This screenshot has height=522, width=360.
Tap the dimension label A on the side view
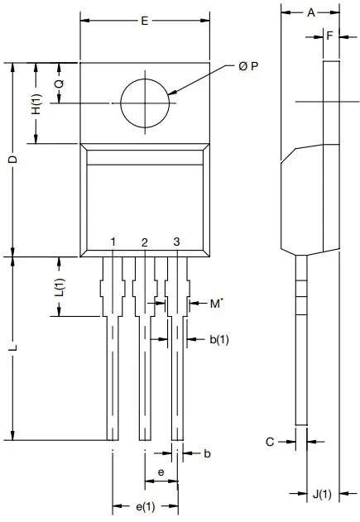tap(310, 12)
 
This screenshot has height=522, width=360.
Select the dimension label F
tap(329, 36)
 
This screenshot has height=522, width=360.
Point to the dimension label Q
tap(59, 84)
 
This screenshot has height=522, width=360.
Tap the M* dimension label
tap(215, 304)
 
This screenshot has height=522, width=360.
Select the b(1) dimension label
tap(219, 339)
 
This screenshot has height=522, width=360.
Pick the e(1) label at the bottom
tap(145, 506)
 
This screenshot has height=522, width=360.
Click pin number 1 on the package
tap(113, 242)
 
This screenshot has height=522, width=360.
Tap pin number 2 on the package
tap(145, 242)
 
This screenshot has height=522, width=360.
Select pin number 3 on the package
tap(176, 242)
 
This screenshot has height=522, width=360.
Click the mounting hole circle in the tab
tap(145, 103)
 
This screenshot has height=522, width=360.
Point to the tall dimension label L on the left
tap(12, 349)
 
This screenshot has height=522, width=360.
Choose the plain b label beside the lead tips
tap(207, 453)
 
